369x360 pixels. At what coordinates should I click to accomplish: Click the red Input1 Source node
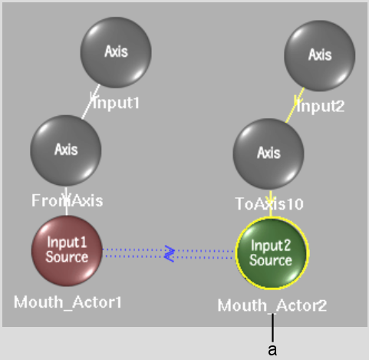point(67,251)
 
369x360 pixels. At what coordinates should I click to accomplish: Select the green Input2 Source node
point(272,253)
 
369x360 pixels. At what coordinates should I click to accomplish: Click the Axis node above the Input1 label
point(116,52)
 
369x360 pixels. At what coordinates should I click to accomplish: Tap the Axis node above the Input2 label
point(320,56)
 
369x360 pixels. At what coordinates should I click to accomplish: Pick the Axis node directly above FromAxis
point(66,150)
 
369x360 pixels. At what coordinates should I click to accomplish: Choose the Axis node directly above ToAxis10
point(269,154)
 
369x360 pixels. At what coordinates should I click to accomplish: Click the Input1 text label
point(117,103)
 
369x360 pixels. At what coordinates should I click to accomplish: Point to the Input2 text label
point(321,107)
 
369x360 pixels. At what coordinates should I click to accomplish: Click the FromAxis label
point(68,200)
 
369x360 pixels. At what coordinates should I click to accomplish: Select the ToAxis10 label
point(269,204)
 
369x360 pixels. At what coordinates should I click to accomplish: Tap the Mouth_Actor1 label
point(68,302)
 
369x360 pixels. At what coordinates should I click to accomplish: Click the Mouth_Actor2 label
point(272,306)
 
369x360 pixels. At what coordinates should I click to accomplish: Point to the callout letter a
point(272,350)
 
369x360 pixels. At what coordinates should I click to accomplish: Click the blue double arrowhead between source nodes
point(170,254)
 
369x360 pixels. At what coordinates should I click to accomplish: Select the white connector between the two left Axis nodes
point(91,102)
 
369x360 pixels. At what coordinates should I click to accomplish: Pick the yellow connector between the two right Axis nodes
point(295,105)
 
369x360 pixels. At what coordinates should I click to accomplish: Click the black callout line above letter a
point(273,328)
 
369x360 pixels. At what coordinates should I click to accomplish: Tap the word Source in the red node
point(67,256)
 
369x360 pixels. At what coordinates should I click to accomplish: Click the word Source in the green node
point(271,260)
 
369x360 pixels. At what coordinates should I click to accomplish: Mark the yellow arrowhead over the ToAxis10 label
point(271,199)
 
